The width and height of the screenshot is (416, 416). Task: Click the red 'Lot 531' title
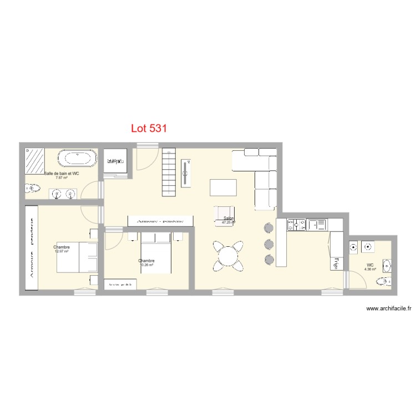click(149, 128)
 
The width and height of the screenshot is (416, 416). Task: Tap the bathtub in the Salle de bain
click(78, 159)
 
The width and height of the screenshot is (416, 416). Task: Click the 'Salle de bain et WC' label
click(62, 174)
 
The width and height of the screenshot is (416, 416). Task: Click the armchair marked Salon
click(225, 215)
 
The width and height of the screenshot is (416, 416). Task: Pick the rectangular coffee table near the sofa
click(223, 187)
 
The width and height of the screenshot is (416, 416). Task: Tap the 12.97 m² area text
click(61, 251)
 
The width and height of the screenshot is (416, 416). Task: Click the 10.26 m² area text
click(147, 265)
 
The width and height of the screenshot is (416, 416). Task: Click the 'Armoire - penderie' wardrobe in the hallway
click(161, 221)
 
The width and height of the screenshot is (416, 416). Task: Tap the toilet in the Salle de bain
click(31, 189)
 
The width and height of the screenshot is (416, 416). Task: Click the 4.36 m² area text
click(370, 269)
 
